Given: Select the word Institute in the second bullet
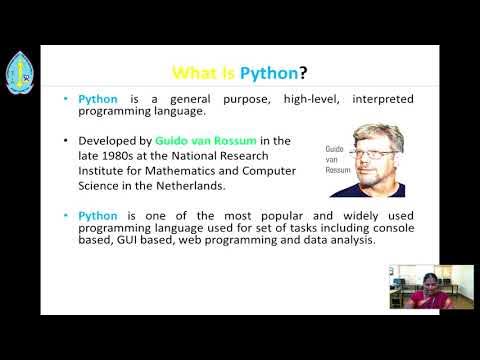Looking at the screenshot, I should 99,170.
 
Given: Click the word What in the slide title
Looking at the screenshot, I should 190,72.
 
